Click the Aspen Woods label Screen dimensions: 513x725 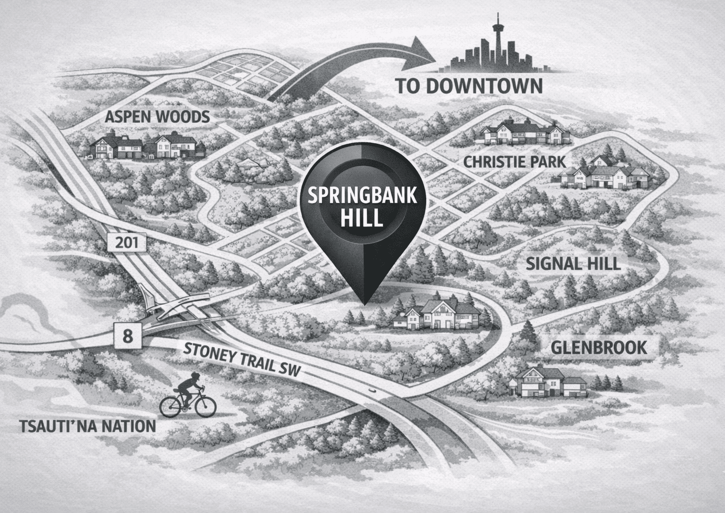[x=157, y=117]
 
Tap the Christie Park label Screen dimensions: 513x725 [x=514, y=161]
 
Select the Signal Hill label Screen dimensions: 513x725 [x=573, y=263]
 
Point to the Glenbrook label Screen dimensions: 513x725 [x=599, y=347]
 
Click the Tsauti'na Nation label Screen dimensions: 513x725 [x=87, y=426]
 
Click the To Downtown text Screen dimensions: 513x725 [x=469, y=86]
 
